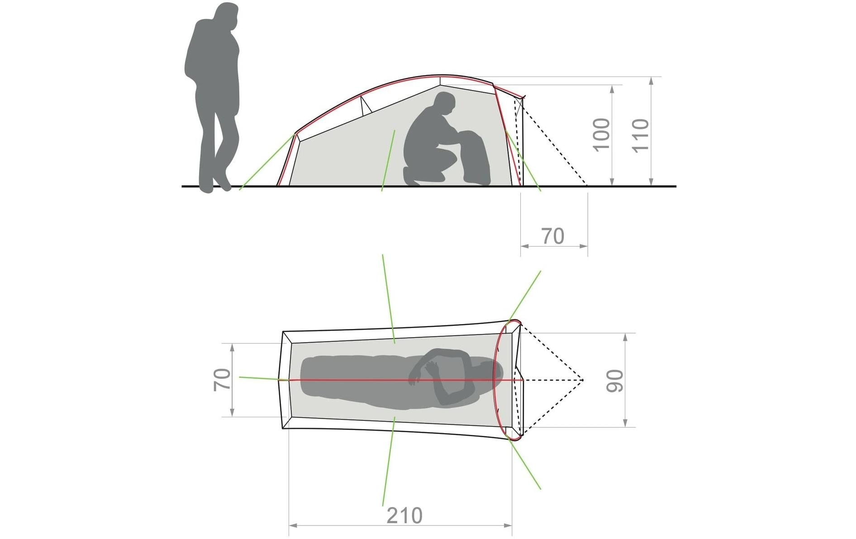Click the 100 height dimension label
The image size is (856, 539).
601,134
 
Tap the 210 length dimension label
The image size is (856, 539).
404,515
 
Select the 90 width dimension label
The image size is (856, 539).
615,381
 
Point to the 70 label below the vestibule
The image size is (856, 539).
553,236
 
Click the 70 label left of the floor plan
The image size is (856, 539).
222,380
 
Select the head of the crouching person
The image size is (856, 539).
443,104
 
